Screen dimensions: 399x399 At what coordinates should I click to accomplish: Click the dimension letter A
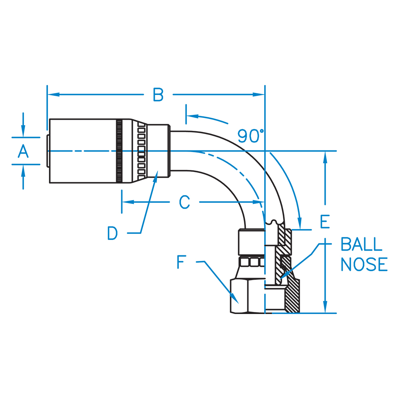pos(24,152)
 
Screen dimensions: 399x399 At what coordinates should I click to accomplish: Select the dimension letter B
pos(158,95)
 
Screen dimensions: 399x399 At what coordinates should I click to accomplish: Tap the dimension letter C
pos(184,202)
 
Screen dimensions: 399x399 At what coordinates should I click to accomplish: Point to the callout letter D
pos(113,233)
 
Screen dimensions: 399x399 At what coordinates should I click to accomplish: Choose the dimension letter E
pos(325,222)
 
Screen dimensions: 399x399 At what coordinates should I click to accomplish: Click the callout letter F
pos(182,263)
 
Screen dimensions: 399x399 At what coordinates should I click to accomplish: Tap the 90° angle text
pos(251,136)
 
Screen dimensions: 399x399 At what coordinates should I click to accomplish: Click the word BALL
pos(361,244)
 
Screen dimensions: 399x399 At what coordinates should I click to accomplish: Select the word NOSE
pos(364,265)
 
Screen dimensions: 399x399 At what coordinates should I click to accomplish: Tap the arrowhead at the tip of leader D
pos(157,174)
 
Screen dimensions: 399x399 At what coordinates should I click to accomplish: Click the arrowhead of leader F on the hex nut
pos(235,300)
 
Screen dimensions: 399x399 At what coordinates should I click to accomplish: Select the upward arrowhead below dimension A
pos(24,170)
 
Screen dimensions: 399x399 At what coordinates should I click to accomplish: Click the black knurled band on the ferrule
pos(119,151)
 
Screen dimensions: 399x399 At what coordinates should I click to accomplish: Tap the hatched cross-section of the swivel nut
pos(293,295)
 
